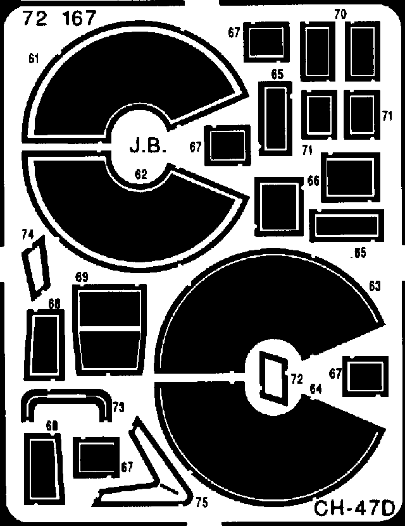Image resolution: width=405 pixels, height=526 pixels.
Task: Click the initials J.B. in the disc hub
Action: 148,147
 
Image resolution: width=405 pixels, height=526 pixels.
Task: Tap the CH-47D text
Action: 356,510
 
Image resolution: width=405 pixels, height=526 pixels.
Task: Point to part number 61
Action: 34,59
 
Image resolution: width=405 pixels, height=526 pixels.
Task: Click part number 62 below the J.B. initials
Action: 140,175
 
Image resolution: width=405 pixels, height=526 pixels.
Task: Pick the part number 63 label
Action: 375,287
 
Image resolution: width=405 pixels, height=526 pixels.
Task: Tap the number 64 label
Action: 316,389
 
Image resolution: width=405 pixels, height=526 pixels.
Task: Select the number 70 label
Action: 340,15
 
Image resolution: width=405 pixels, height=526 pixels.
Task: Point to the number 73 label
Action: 118,408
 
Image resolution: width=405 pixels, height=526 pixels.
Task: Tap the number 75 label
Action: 201,503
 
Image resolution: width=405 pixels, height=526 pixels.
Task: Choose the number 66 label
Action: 313,181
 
